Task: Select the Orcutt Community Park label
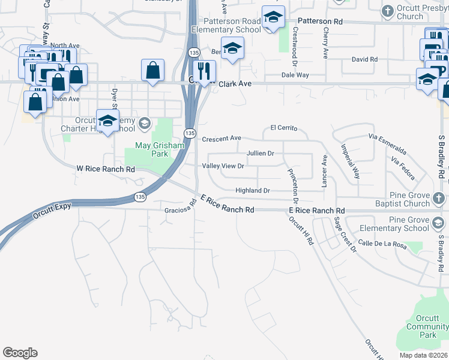(427, 327)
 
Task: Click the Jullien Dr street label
(260, 154)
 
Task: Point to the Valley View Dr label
(223, 166)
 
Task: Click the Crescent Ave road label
(221, 139)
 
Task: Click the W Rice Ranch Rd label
(105, 169)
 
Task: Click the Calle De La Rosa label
(382, 244)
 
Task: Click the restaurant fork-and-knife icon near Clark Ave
(205, 70)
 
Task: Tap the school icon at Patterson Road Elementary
(273, 19)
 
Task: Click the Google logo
(20, 353)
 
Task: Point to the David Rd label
(364, 59)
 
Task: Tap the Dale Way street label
(295, 75)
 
